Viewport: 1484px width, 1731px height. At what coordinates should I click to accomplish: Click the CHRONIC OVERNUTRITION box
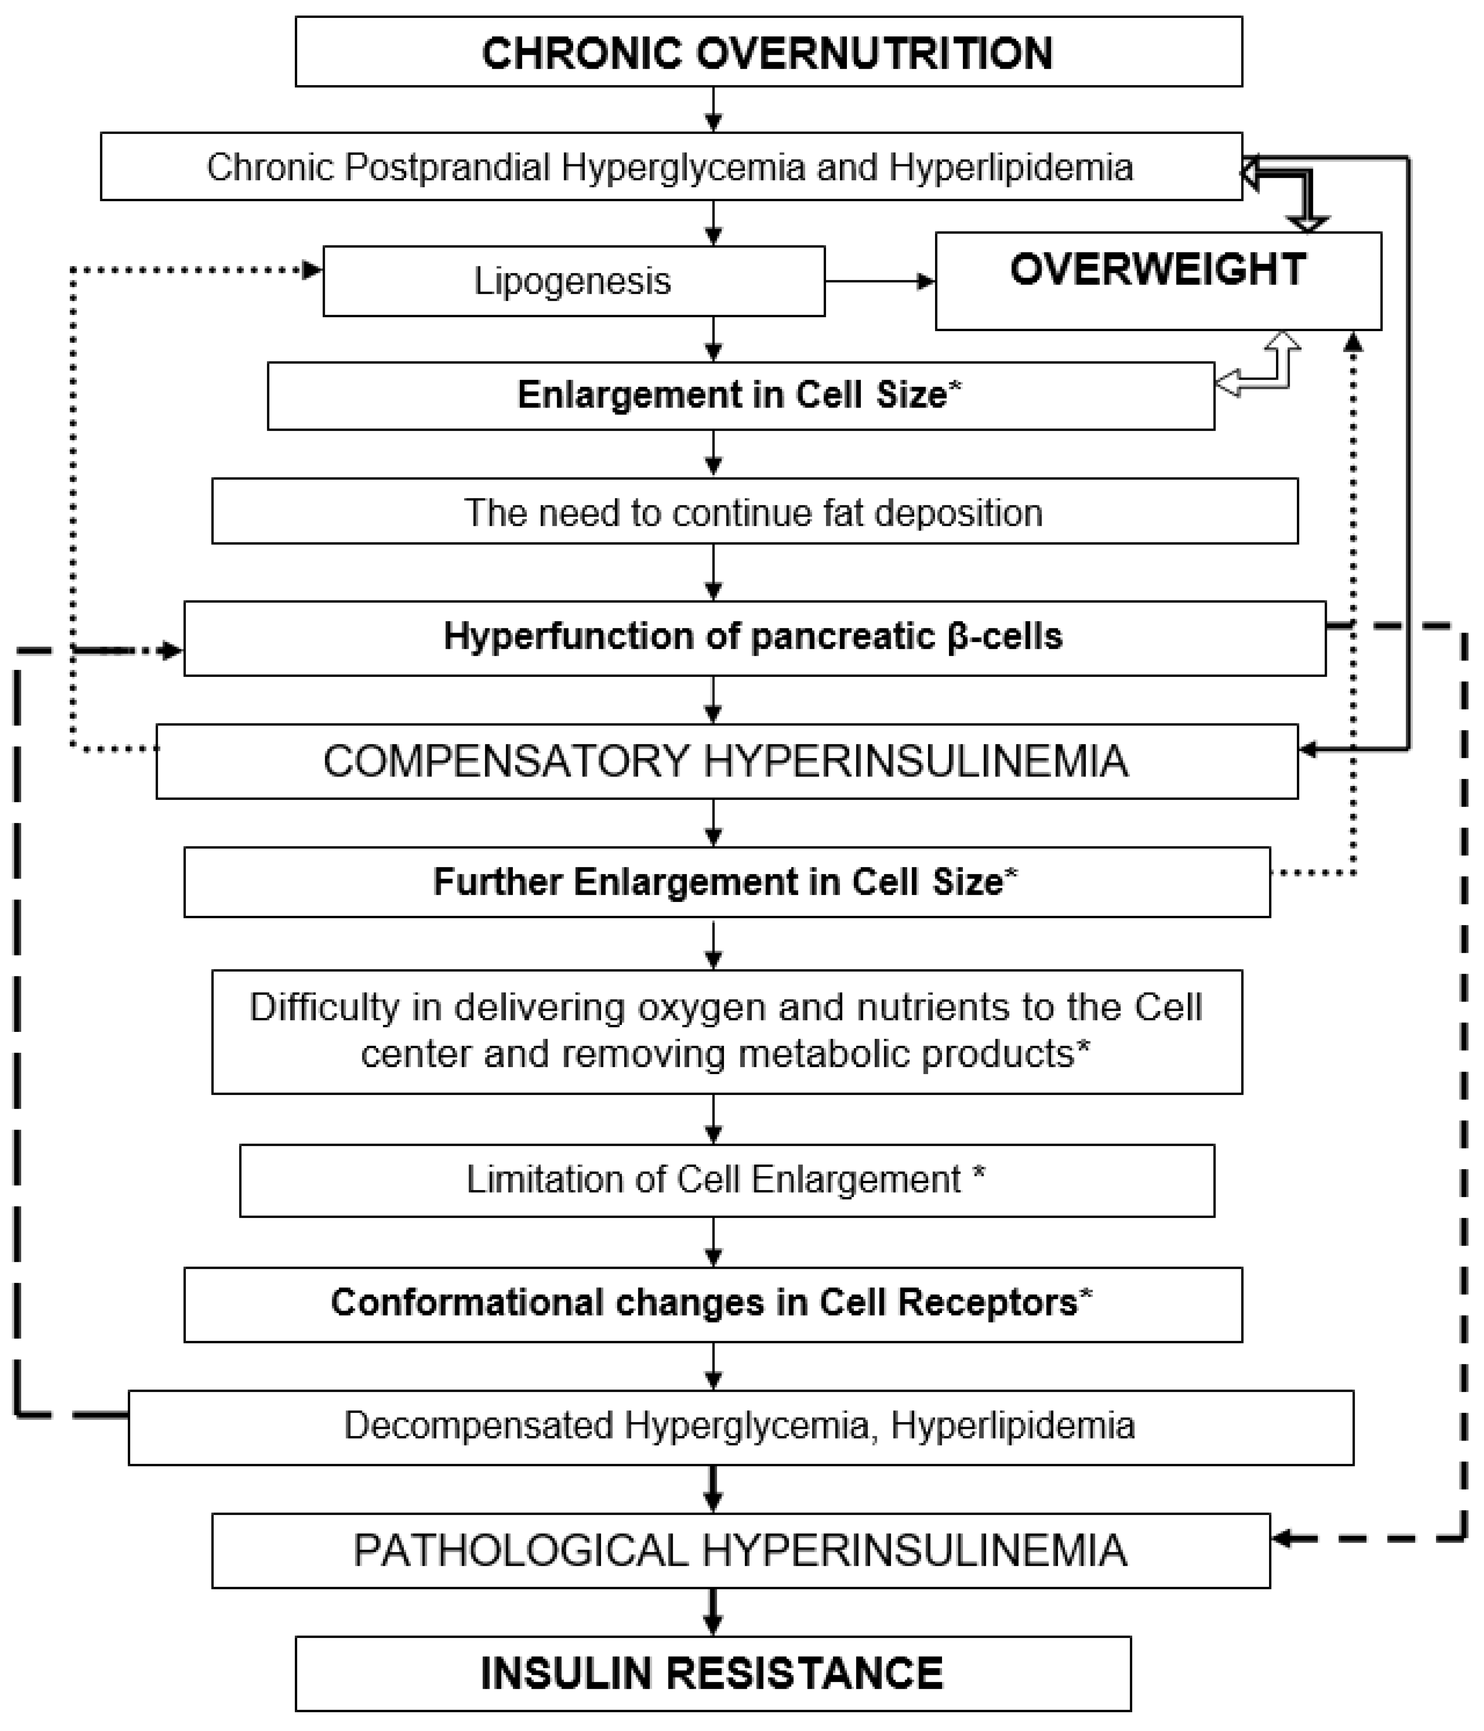pos(768,52)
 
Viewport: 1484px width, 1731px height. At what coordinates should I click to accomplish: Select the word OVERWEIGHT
pos(1157,270)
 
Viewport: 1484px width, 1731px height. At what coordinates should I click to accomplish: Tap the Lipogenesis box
pos(573,281)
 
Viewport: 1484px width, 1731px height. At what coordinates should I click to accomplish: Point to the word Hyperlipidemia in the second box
pos(1011,167)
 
